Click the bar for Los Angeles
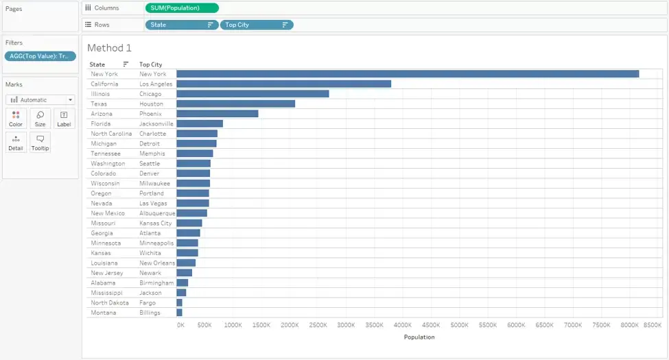point(284,84)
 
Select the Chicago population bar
point(253,94)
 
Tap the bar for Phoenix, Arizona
point(218,114)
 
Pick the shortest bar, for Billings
point(179,313)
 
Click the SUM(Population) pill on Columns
point(182,8)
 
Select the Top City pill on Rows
point(257,25)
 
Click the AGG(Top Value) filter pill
point(40,56)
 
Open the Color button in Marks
point(16,118)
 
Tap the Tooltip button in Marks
point(40,142)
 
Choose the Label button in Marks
point(64,118)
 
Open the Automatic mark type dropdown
point(40,100)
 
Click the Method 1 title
point(109,48)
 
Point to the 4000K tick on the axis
point(402,325)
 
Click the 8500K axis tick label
point(653,325)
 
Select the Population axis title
point(419,337)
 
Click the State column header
point(97,64)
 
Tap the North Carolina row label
point(111,134)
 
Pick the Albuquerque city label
point(157,213)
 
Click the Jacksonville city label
point(156,123)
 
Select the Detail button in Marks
point(16,142)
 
